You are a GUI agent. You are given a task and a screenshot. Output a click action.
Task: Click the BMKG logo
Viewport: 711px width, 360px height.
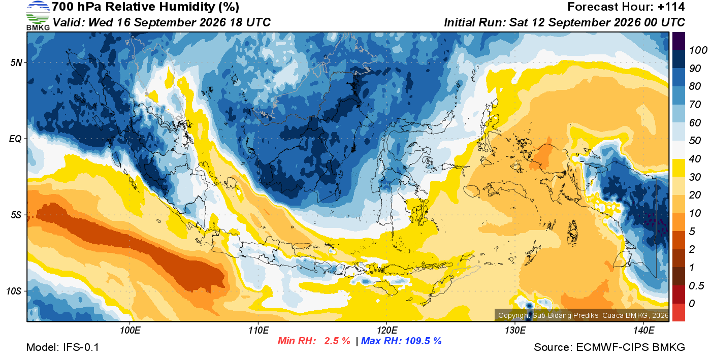[x=38, y=16]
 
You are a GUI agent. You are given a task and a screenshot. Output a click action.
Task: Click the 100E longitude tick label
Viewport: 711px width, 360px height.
[x=130, y=330]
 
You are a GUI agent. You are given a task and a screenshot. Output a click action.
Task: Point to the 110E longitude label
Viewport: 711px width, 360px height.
[x=258, y=330]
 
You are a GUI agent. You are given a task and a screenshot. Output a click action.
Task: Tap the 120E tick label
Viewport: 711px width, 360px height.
[x=387, y=330]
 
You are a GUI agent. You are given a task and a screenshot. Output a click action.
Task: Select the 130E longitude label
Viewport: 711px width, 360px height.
[x=515, y=330]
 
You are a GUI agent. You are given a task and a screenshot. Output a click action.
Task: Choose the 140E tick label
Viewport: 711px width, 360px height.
[x=643, y=330]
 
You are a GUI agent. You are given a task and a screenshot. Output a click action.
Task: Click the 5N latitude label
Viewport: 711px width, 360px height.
[x=16, y=62]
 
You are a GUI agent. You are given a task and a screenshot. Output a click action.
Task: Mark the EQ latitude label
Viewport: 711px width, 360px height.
[x=15, y=139]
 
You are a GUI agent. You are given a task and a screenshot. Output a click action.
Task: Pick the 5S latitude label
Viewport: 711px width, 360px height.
[x=16, y=215]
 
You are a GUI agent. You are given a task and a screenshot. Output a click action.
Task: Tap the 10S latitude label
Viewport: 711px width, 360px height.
[x=14, y=291]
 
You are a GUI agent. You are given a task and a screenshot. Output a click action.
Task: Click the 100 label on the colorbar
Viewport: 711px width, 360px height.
[x=698, y=50]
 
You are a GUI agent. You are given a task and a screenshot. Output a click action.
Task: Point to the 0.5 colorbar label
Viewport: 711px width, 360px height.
[x=696, y=286]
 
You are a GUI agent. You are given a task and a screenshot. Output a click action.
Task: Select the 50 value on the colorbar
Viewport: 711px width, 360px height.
[x=695, y=141]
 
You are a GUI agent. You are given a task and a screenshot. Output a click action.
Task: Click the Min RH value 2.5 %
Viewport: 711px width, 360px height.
[x=337, y=341]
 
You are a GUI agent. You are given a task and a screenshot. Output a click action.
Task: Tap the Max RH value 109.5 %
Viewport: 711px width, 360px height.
[x=423, y=341]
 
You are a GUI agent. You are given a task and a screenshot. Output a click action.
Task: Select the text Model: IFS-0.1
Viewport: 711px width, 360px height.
[x=62, y=347]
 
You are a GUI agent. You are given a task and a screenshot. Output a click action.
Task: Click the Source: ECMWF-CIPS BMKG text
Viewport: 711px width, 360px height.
[x=609, y=347]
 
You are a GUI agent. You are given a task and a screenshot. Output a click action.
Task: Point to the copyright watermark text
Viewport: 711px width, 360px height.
[x=583, y=315]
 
